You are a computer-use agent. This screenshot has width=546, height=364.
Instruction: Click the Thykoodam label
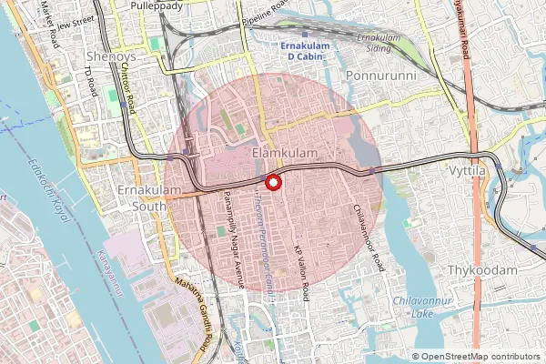pos(481,270)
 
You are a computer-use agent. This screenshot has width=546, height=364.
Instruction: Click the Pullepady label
pos(157,5)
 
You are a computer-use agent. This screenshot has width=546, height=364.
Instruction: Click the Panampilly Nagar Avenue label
pos(233,254)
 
